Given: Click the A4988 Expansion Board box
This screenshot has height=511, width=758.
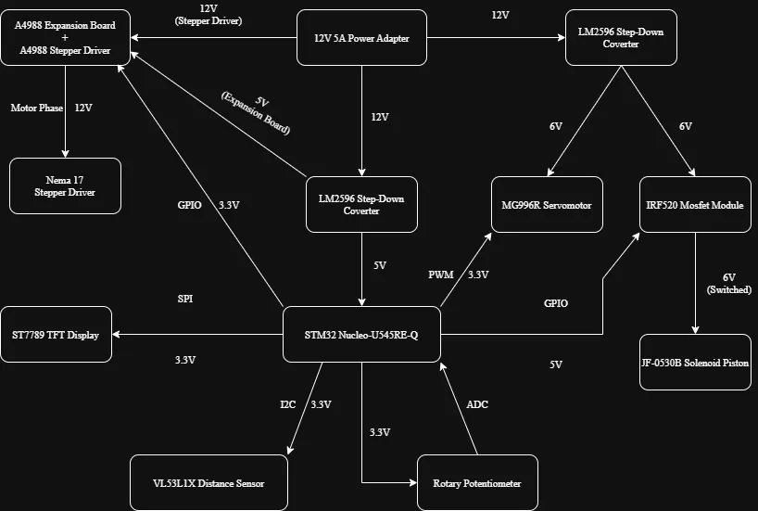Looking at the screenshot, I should pyautogui.click(x=65, y=38).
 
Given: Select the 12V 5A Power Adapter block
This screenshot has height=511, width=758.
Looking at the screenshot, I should pyautogui.click(x=361, y=38).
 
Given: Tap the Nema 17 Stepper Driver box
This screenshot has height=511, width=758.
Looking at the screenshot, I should pyautogui.click(x=65, y=185).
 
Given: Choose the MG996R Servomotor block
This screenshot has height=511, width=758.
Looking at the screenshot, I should pyautogui.click(x=547, y=205).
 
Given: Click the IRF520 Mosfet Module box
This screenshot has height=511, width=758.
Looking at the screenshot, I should pyautogui.click(x=695, y=205).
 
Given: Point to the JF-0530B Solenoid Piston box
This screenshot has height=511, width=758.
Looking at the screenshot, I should pyautogui.click(x=695, y=362).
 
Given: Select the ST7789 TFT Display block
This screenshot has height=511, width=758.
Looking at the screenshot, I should pyautogui.click(x=57, y=334).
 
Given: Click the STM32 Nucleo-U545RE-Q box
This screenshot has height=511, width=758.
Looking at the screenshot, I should pyautogui.click(x=362, y=334).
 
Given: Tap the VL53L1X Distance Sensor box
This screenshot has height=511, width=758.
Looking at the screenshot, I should pyautogui.click(x=208, y=482).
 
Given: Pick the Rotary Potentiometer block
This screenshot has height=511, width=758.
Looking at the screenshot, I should pyautogui.click(x=476, y=483).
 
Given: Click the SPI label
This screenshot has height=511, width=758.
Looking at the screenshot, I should pyautogui.click(x=185, y=300).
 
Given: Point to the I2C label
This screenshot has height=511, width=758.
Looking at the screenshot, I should pyautogui.click(x=288, y=404).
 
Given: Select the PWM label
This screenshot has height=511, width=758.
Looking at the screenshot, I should pyautogui.click(x=441, y=275).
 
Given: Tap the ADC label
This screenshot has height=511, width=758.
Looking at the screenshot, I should pyautogui.click(x=477, y=404).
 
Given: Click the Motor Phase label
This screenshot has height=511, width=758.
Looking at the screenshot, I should pyautogui.click(x=37, y=108).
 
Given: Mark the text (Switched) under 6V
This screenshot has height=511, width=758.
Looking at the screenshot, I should pyautogui.click(x=728, y=290).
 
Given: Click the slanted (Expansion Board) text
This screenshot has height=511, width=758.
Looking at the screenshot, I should pyautogui.click(x=256, y=114).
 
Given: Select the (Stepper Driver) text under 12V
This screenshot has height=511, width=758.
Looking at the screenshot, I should pyautogui.click(x=208, y=20).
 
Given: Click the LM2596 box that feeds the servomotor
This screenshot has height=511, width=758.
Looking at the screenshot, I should pyautogui.click(x=621, y=38).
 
